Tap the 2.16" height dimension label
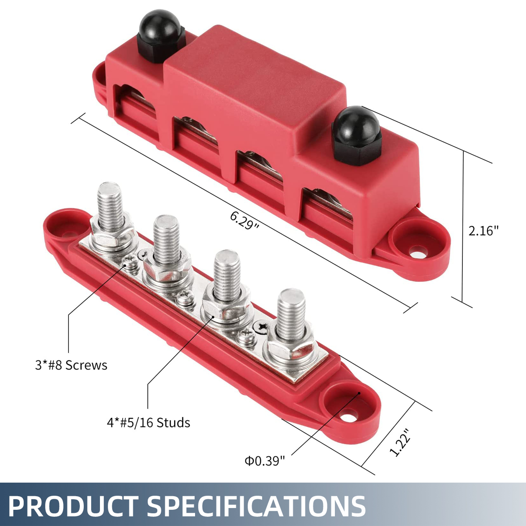point(483,231)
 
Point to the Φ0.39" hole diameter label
point(265,461)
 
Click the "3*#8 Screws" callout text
point(71,365)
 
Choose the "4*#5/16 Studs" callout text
point(149,423)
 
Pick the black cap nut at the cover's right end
point(355,135)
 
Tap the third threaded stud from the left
point(227,274)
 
